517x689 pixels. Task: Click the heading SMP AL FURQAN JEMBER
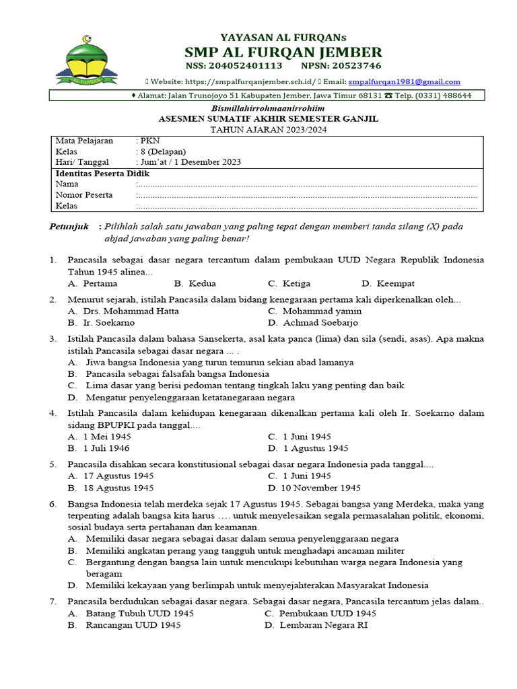pyautogui.click(x=283, y=52)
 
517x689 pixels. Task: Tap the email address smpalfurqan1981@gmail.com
pyautogui.click(x=404, y=81)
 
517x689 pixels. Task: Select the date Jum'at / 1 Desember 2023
pyautogui.click(x=190, y=162)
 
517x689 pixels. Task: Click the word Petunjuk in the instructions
pyautogui.click(x=69, y=227)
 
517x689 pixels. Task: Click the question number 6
pyautogui.click(x=53, y=504)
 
